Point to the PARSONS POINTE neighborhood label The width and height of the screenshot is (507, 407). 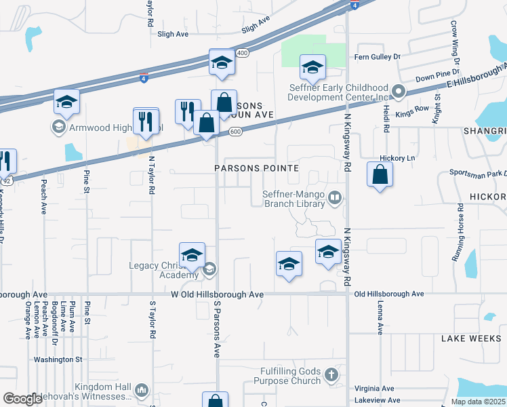pos(256,168)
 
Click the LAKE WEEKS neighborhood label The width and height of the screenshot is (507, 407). pos(470,338)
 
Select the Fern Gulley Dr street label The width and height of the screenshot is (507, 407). pos(377,57)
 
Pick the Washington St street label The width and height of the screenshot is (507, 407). pos(59,359)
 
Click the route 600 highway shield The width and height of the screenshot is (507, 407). pos(242,132)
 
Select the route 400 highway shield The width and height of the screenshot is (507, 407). pos(242,53)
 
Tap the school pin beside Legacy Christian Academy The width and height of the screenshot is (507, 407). pos(192,255)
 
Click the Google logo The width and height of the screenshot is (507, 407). pos(22,399)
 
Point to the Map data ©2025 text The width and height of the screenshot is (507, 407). pos(477,402)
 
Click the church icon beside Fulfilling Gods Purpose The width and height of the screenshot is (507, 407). pos(331,374)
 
